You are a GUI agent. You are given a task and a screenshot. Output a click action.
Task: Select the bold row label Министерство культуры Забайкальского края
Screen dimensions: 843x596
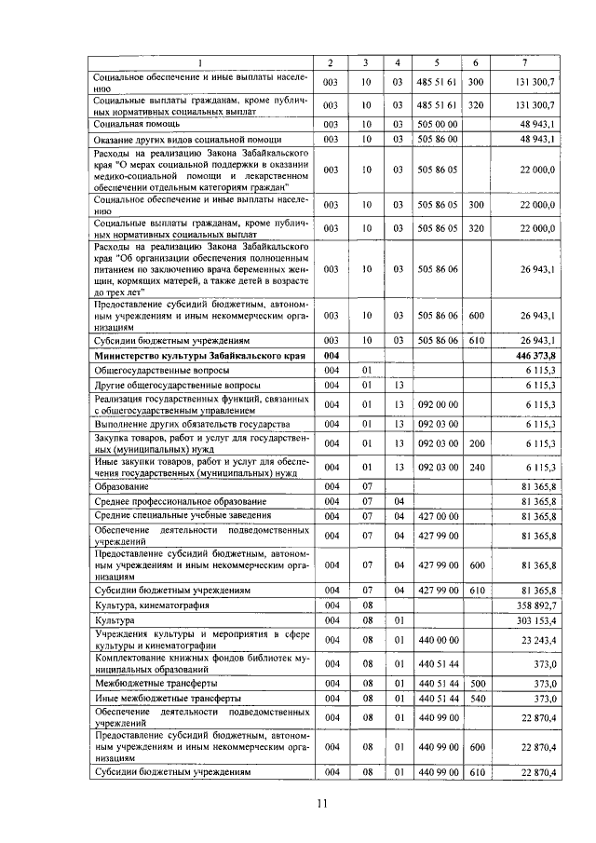[199, 356]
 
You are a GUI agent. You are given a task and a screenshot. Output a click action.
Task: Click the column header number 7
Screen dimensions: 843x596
[525, 62]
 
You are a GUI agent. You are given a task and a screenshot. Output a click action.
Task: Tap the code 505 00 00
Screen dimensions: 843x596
[436, 123]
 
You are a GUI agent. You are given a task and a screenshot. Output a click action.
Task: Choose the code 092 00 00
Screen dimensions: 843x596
[436, 404]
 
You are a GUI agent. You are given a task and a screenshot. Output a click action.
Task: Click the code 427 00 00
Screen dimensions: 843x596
[436, 515]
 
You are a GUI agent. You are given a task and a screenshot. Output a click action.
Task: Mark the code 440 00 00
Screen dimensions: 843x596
[436, 640]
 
